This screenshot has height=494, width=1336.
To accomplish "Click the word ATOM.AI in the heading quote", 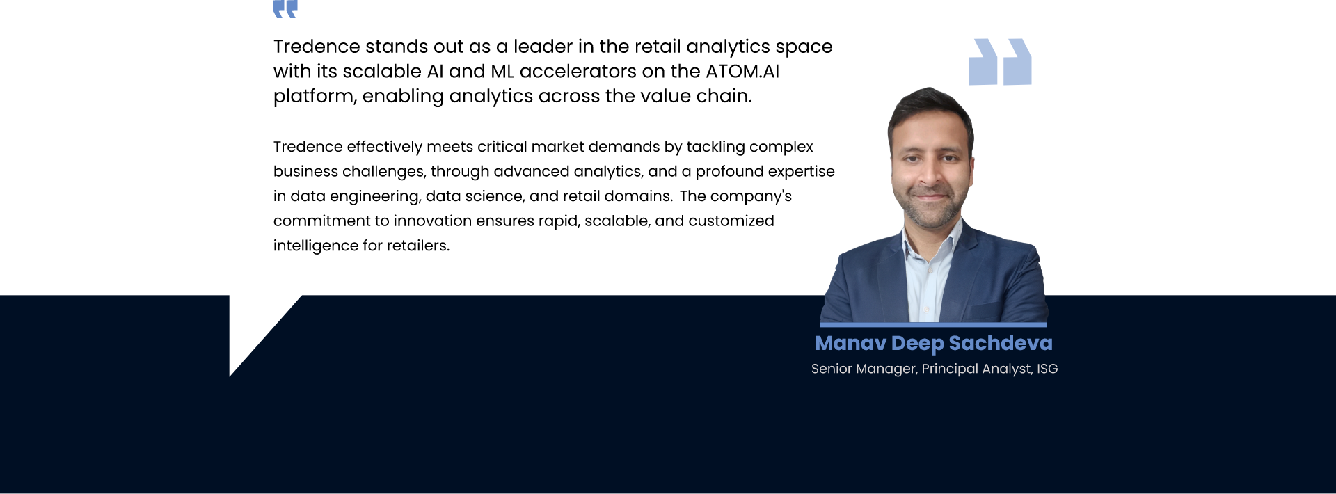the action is click(742, 71).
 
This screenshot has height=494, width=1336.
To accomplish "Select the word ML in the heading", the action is click(502, 71).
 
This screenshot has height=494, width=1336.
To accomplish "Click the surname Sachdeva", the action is click(1001, 343).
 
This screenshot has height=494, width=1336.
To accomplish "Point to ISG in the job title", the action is click(1047, 369).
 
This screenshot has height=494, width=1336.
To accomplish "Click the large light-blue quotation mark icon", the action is click(1000, 62).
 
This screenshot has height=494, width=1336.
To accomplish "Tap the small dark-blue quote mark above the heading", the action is click(285, 8).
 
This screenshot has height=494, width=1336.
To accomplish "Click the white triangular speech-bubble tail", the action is click(254, 327).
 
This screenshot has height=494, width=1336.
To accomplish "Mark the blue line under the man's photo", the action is click(933, 324).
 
